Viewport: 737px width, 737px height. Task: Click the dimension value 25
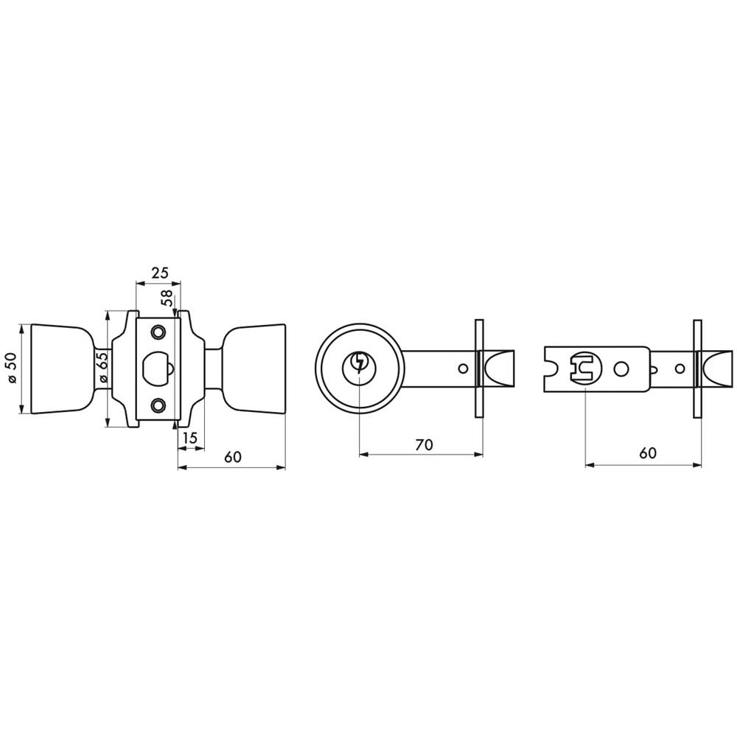159,273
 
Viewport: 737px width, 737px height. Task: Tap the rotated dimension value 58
167,298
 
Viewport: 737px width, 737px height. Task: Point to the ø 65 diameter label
103,367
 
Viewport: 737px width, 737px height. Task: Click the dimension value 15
189,438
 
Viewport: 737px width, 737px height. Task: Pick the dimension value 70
424,444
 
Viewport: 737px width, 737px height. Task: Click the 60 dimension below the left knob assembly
233,456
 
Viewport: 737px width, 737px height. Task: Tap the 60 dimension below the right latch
648,453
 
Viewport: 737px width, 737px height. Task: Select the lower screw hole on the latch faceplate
158,404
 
